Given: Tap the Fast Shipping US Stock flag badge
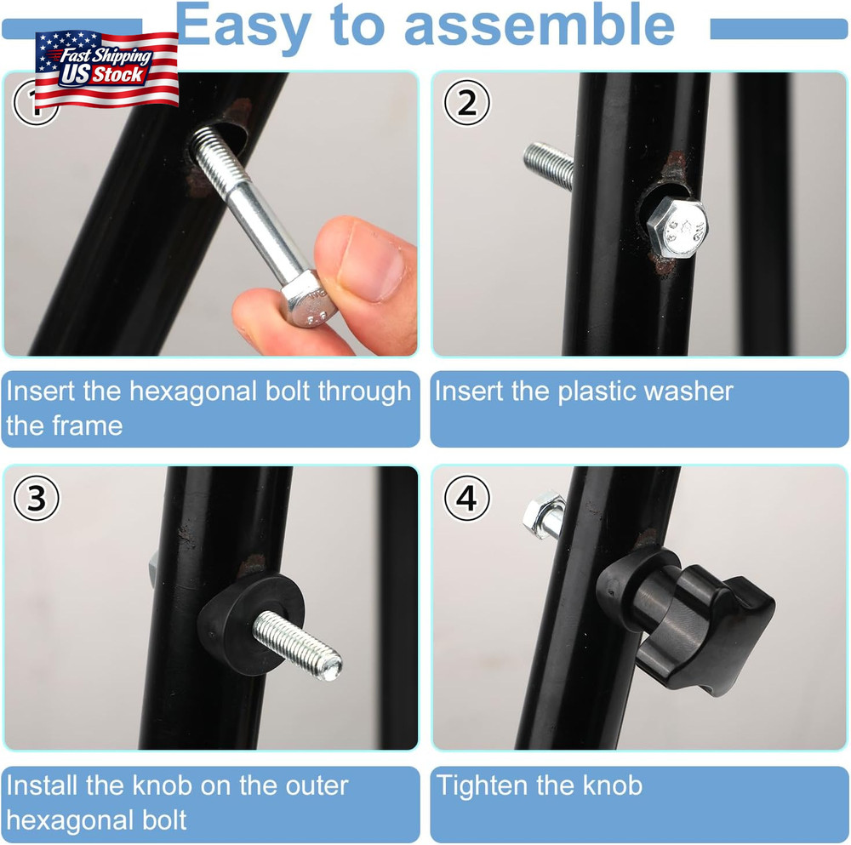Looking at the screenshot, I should pos(106,68).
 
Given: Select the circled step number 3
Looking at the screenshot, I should pos(37,499).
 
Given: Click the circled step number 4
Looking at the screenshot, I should pos(466,499).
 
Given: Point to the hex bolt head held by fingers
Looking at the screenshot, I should pos(306,302).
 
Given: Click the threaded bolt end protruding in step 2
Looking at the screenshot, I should pos(548,163).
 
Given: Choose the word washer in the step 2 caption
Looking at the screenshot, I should pos(688,391).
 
